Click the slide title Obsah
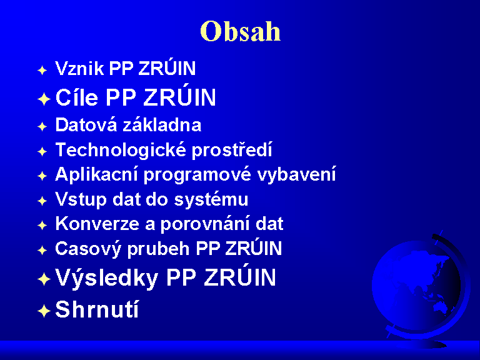point(240,31)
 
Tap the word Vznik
point(79,68)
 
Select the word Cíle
point(77,97)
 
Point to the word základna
point(162,124)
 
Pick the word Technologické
point(121,150)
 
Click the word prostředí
point(232,149)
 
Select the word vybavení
point(296,174)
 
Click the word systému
point(211,199)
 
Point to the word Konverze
point(97,224)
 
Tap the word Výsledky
point(106,278)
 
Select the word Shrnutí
point(97,309)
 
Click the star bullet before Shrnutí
point(44,311)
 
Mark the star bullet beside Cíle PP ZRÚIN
point(44,99)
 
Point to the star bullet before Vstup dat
point(42,201)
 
